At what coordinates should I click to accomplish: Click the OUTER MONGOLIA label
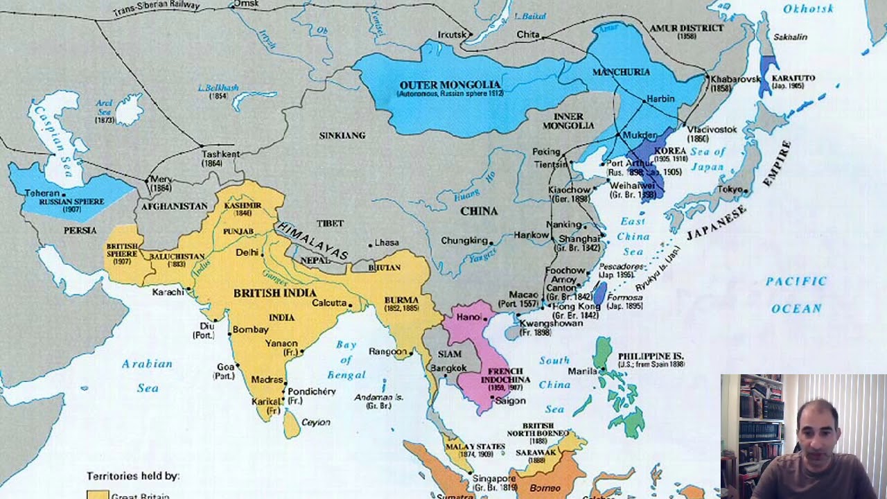pos(450,85)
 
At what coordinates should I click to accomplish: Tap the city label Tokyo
pos(729,189)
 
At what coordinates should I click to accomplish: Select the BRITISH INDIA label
pos(275,293)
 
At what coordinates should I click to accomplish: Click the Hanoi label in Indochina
pos(468,317)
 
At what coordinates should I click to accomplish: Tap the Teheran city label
pos(42,193)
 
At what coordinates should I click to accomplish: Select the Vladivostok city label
pos(712,130)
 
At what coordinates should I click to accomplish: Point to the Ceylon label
pos(315,422)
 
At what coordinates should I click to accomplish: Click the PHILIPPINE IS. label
pos(651,356)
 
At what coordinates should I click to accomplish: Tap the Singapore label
pos(494,478)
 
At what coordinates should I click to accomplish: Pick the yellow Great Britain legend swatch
pos(98,495)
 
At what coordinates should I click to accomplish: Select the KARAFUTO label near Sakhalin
pos(793,78)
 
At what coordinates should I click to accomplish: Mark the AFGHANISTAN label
pos(174,206)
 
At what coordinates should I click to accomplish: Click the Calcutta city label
pos(329,303)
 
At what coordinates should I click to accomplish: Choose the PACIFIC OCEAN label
pos(796,295)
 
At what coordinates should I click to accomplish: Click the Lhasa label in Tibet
pos(387,243)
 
